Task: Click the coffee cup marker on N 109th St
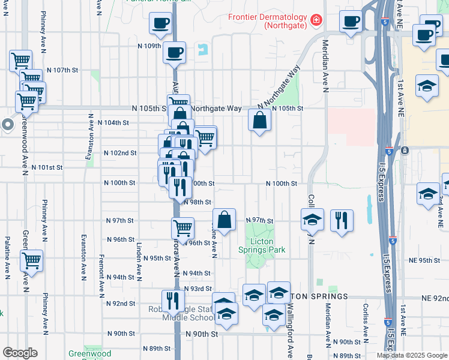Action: click(x=174, y=52)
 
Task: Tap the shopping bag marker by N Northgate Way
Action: click(x=259, y=121)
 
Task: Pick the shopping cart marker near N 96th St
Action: click(x=182, y=227)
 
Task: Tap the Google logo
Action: click(x=19, y=353)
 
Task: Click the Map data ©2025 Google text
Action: click(x=411, y=355)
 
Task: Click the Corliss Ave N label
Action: click(x=366, y=325)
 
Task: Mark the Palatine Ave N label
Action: click(x=7, y=258)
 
